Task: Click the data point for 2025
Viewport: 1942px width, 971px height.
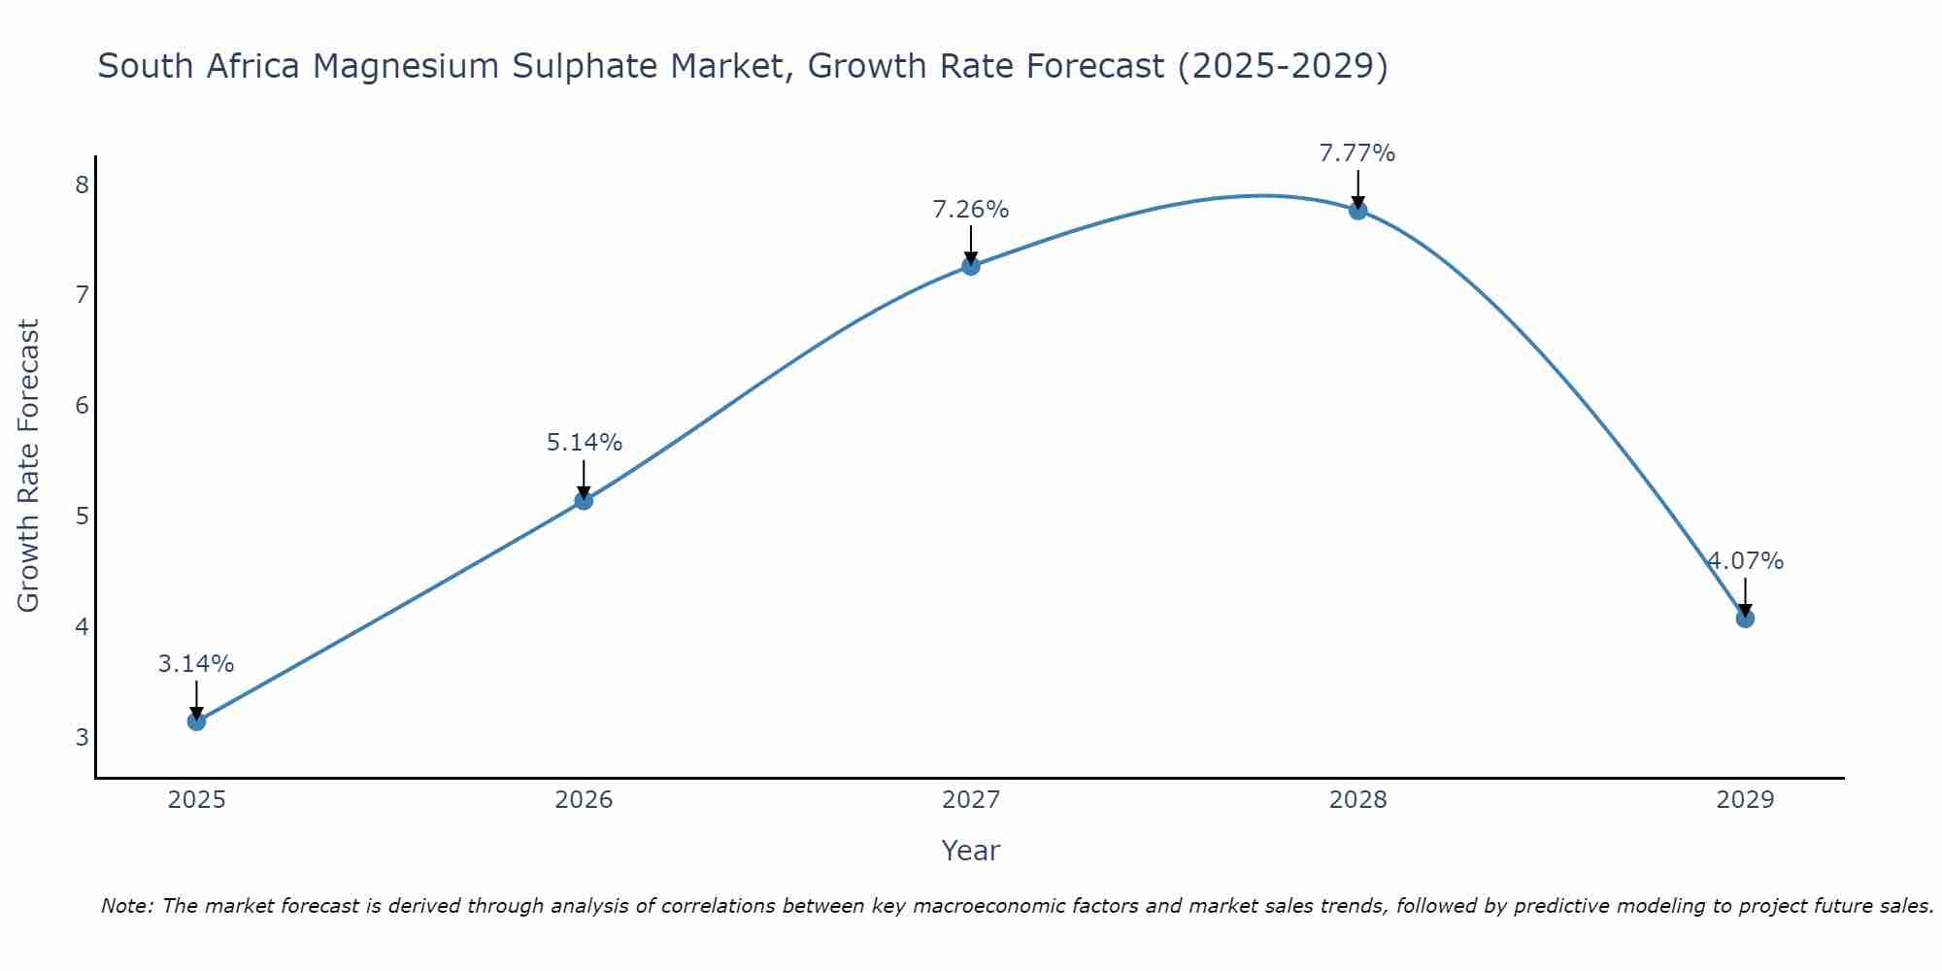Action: pyautogui.click(x=196, y=721)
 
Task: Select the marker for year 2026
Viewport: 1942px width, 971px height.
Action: pyautogui.click(x=584, y=500)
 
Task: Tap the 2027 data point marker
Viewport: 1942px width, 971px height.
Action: pyautogui.click(x=971, y=266)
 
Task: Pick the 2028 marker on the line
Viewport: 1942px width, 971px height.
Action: pyautogui.click(x=1357, y=210)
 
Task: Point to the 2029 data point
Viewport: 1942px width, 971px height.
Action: pyautogui.click(x=1745, y=619)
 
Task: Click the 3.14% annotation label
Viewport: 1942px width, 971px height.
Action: pyautogui.click(x=196, y=664)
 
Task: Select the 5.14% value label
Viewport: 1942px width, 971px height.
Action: pyautogui.click(x=584, y=443)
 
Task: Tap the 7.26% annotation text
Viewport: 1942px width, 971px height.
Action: pyautogui.click(x=971, y=210)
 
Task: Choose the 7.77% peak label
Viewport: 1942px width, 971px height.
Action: pyautogui.click(x=1357, y=153)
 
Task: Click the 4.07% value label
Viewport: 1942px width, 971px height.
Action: pyautogui.click(x=1746, y=561)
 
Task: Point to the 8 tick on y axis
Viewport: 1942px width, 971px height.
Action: pyautogui.click(x=82, y=184)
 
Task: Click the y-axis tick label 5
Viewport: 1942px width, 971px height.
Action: pyautogui.click(x=82, y=516)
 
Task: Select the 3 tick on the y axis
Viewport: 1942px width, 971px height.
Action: pyautogui.click(x=82, y=737)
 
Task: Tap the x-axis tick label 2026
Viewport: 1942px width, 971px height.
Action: pyautogui.click(x=584, y=800)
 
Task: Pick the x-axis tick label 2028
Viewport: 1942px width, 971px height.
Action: pyautogui.click(x=1357, y=800)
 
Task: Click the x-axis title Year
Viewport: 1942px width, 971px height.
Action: pyautogui.click(x=971, y=851)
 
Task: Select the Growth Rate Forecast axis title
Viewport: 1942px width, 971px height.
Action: pyautogui.click(x=29, y=466)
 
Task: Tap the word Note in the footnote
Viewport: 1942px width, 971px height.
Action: pyautogui.click(x=126, y=906)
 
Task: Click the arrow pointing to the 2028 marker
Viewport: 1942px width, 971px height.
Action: pyautogui.click(x=1357, y=188)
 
